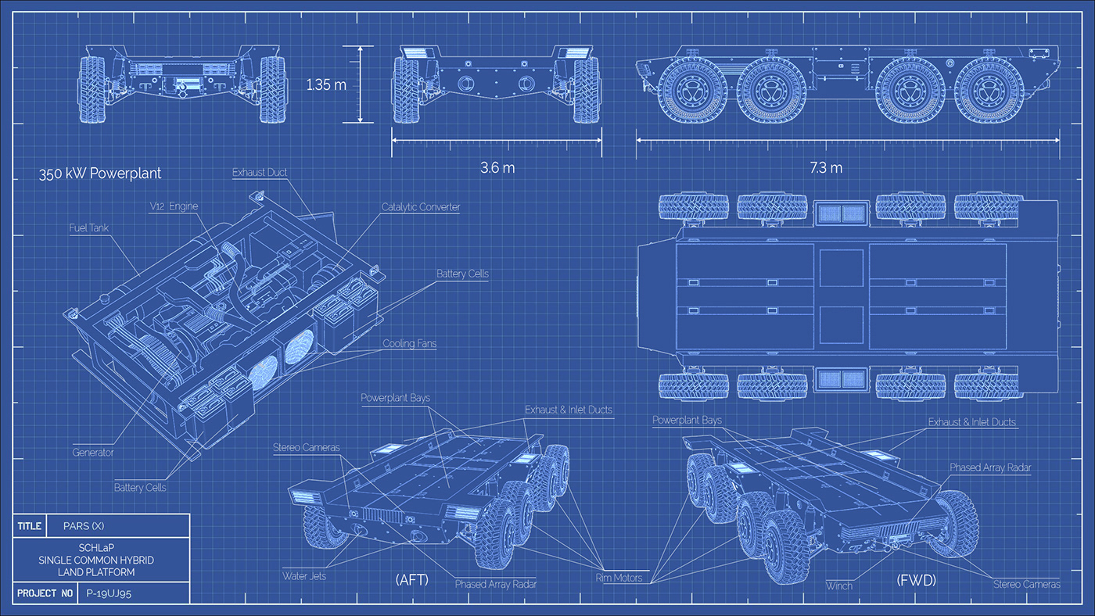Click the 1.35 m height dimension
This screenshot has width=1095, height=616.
click(x=326, y=84)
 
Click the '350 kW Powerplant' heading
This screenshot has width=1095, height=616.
click(x=100, y=174)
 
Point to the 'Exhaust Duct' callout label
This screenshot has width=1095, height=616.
click(x=260, y=172)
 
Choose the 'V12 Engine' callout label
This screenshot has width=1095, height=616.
click(x=174, y=206)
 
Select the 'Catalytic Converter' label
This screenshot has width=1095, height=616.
click(x=421, y=207)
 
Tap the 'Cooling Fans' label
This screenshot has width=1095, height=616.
click(x=409, y=343)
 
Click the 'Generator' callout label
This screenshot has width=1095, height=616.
click(x=93, y=452)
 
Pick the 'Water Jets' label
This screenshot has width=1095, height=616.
click(x=304, y=576)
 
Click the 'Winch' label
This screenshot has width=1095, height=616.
click(x=839, y=585)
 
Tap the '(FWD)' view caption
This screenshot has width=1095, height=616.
click(x=916, y=581)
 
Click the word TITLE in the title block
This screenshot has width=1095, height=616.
click(x=30, y=526)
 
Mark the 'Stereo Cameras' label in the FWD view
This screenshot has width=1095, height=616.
click(x=1026, y=584)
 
